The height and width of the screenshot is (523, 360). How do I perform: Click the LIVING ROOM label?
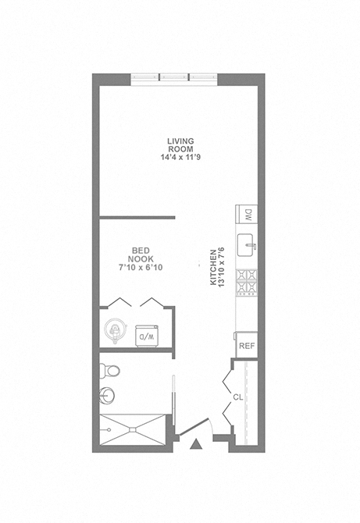tap(180, 145)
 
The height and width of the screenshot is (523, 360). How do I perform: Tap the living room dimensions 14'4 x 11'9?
tap(180, 157)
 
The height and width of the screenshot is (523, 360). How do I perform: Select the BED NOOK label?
tap(141, 254)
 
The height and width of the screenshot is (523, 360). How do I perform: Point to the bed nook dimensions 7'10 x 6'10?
tap(141, 267)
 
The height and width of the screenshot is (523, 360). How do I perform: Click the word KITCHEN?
tap(213, 268)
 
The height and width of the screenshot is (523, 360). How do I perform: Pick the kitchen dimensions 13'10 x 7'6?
tap(221, 268)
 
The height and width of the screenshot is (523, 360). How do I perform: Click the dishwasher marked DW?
tap(247, 214)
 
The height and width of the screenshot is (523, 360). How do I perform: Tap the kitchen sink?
tap(247, 245)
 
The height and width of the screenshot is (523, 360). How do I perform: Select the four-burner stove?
tap(247, 283)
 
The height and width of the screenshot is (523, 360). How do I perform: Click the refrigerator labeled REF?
tap(247, 345)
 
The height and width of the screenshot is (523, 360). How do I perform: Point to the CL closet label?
tap(238, 397)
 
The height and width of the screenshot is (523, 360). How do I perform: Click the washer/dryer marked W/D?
tap(147, 336)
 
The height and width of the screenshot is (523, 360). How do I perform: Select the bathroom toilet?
tap(109, 371)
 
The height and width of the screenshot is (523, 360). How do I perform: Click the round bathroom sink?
tap(107, 396)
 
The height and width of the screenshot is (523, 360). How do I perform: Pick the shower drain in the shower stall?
tap(133, 429)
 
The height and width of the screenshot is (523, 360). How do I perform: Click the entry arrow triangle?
tap(196, 444)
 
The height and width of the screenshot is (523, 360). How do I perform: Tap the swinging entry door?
tap(194, 427)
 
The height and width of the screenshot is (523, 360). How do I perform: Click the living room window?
tap(174, 80)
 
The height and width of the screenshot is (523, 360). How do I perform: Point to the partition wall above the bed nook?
tap(137, 218)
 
